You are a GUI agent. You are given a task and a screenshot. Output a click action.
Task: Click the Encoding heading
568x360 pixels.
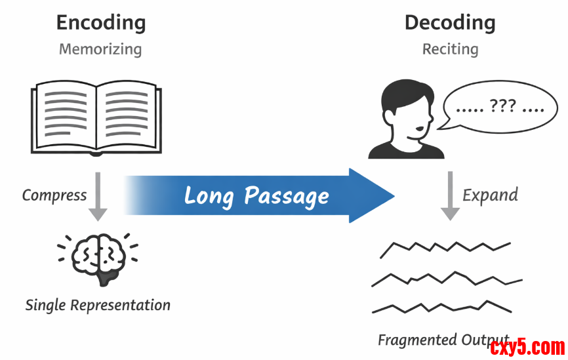pyautogui.click(x=101, y=23)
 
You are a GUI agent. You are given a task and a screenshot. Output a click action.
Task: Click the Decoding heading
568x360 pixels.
pyautogui.click(x=450, y=23)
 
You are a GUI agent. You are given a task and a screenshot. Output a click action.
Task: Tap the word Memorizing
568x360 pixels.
pyautogui.click(x=100, y=49)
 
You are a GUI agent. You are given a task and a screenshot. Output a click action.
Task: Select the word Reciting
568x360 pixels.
pyautogui.click(x=450, y=49)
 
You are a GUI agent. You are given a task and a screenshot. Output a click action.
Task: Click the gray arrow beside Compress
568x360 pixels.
pyautogui.click(x=98, y=195)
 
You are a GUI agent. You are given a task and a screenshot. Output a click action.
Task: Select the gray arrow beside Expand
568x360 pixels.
pyautogui.click(x=450, y=195)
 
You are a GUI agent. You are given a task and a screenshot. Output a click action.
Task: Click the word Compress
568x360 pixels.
pyautogui.click(x=54, y=195)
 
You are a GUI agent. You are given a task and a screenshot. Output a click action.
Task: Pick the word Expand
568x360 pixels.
pyautogui.click(x=491, y=195)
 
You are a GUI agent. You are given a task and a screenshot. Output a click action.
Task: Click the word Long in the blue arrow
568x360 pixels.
pyautogui.click(x=209, y=195)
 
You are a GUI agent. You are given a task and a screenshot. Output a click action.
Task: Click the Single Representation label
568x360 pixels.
pyautogui.click(x=98, y=305)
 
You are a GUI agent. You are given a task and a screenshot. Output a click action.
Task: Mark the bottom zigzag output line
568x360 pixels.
pyautogui.click(x=443, y=306)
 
